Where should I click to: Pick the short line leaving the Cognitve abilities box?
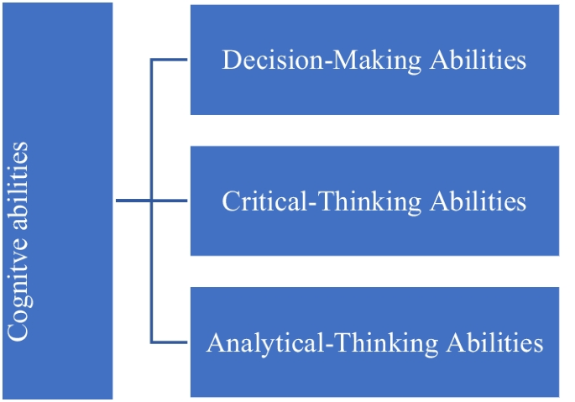132,201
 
